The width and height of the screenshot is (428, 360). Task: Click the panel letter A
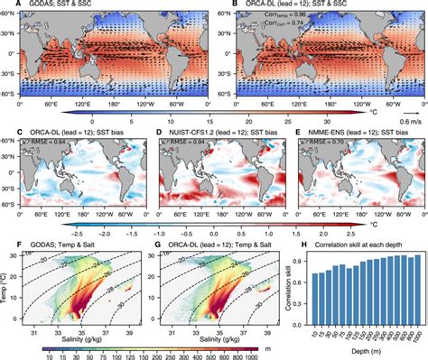tap(5, 5)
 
